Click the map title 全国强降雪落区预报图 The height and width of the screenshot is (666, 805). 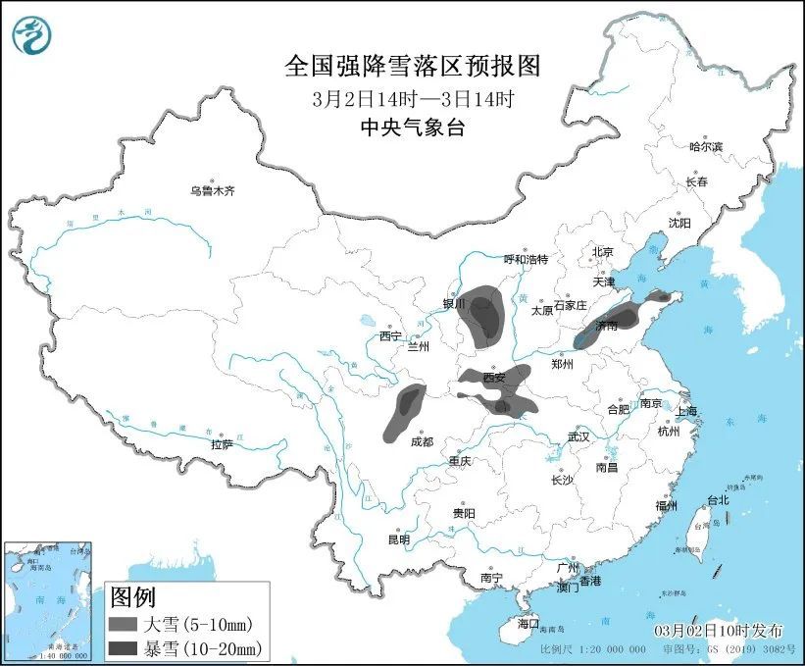pyautogui.click(x=412, y=67)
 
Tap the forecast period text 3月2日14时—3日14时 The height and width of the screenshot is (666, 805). pyautogui.click(x=412, y=99)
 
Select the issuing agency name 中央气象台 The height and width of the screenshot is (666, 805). pyautogui.click(x=412, y=128)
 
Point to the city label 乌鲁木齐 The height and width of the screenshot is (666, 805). pyautogui.click(x=212, y=191)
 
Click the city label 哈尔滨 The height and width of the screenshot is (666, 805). pyautogui.click(x=705, y=146)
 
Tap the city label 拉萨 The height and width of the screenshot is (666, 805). pyautogui.click(x=222, y=444)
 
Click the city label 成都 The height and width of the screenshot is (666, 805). pyautogui.click(x=422, y=441)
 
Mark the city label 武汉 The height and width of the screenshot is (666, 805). pyautogui.click(x=578, y=436)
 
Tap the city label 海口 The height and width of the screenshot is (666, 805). pyautogui.click(x=528, y=623)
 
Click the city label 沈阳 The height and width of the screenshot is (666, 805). pyautogui.click(x=679, y=223)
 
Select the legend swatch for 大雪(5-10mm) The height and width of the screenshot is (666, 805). pyautogui.click(x=125, y=624)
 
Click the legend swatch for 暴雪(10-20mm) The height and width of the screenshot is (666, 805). pyautogui.click(x=125, y=647)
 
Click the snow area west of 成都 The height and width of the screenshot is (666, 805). pyautogui.click(x=405, y=409)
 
